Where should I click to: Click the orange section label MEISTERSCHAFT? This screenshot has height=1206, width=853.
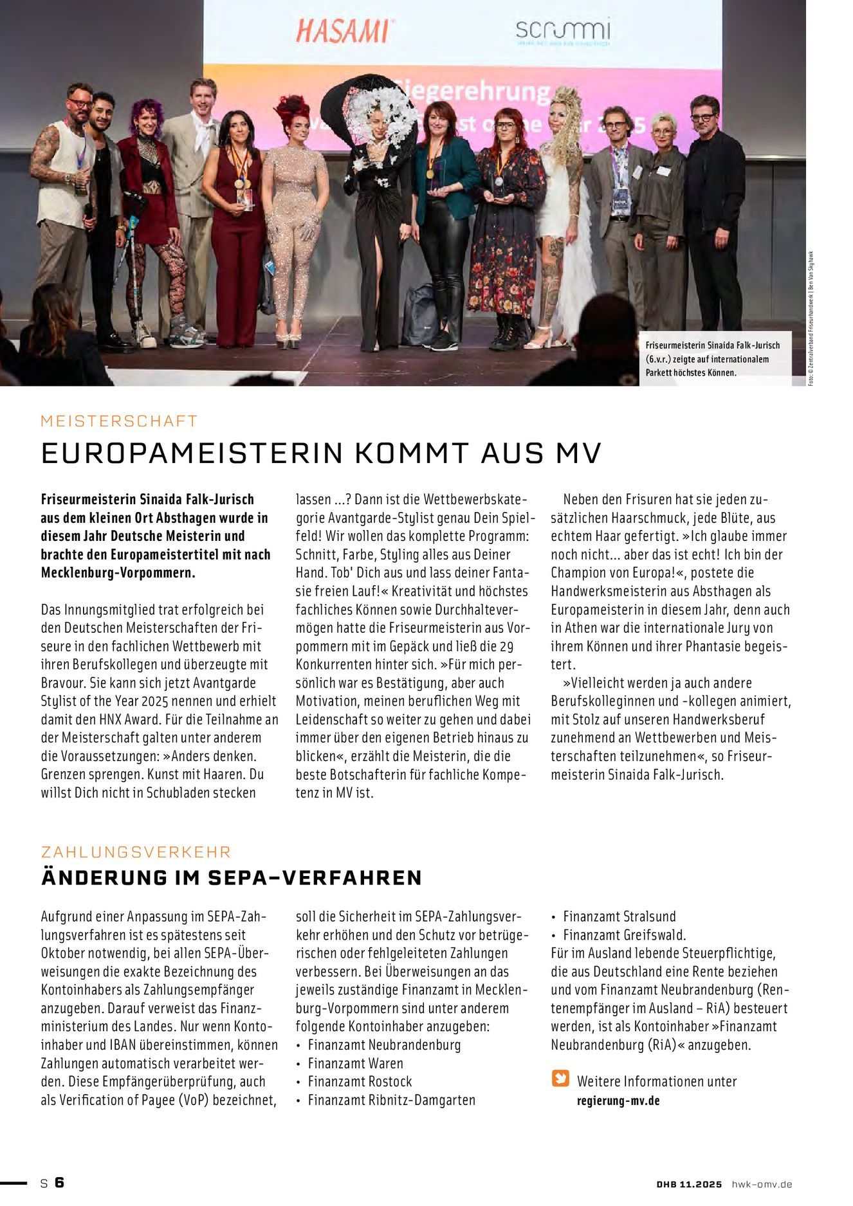119,421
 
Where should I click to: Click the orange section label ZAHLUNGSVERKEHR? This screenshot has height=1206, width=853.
136,852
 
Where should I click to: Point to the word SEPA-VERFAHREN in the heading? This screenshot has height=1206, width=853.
315,878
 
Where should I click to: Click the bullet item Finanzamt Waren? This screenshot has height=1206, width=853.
355,1064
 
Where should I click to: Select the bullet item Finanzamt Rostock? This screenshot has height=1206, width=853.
360,1082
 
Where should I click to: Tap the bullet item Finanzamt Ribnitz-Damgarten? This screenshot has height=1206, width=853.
391,1101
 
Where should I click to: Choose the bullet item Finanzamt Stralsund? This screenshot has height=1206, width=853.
619,917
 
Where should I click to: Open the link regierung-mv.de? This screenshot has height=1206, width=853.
618,1101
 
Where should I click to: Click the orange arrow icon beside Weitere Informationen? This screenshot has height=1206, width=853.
560,1078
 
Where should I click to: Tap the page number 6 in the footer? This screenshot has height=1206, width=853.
59,1183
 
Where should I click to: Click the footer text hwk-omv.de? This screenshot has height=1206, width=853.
762,1184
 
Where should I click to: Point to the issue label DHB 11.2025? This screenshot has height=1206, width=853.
689,1184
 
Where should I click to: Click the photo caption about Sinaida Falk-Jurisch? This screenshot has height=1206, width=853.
714,359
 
